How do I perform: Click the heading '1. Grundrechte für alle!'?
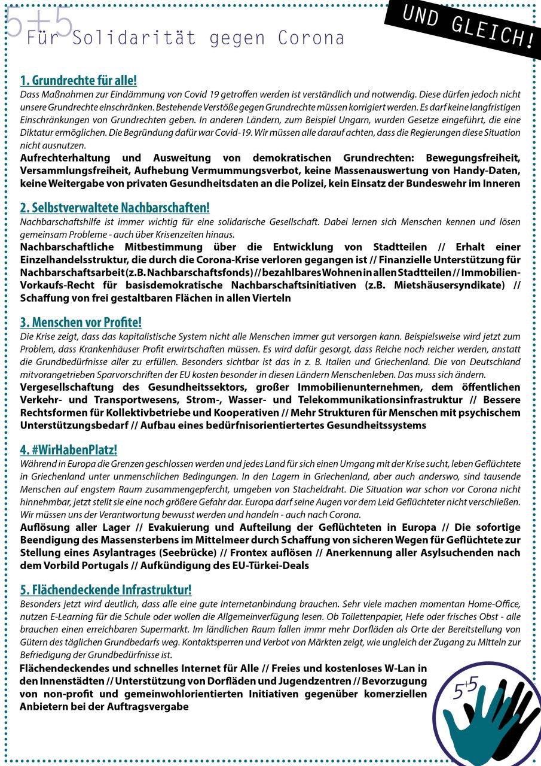(78, 80)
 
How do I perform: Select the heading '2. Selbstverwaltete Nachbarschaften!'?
(115, 208)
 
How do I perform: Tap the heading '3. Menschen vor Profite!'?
(81, 323)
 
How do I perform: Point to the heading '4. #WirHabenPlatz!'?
(68, 449)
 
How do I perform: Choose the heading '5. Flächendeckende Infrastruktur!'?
(106, 589)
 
